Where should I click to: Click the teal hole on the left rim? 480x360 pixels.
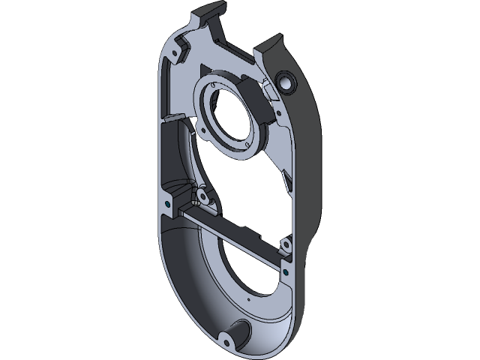pyautogui.click(x=163, y=202)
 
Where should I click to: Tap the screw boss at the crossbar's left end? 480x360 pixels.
pyautogui.click(x=201, y=198)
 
